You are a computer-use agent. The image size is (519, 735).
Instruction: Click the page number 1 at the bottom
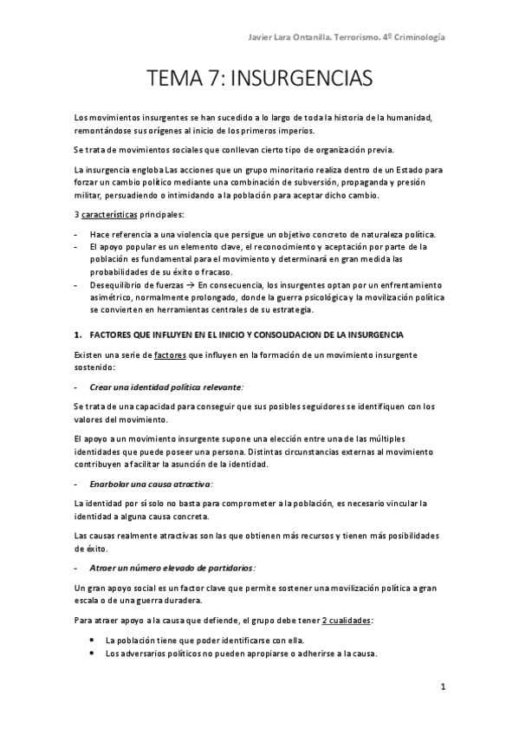pyautogui.click(x=442, y=687)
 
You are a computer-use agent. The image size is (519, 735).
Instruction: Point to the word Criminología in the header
pyautogui.click(x=414, y=36)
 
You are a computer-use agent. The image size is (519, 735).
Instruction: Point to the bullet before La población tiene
pyautogui.click(x=93, y=640)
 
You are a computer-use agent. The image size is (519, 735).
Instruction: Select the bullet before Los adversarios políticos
pyautogui.click(x=93, y=653)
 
